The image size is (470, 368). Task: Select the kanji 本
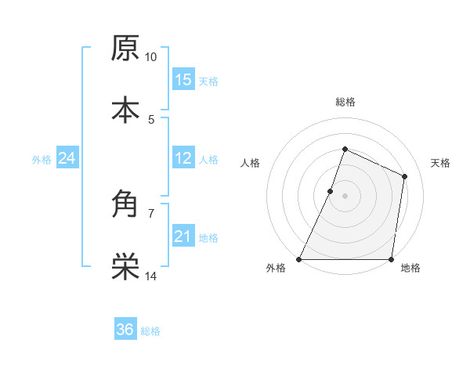click(x=125, y=110)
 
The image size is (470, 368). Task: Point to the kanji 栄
click(x=125, y=267)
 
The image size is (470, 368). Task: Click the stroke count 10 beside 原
click(x=150, y=57)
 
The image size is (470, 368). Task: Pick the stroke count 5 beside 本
click(x=151, y=119)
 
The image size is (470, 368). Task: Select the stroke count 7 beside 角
click(x=151, y=213)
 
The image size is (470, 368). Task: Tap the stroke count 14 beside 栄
click(x=151, y=276)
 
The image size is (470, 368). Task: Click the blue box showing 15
click(x=183, y=79)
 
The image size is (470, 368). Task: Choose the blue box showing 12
click(x=183, y=158)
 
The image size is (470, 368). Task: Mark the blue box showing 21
click(x=183, y=236)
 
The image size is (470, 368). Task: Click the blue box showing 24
click(x=67, y=158)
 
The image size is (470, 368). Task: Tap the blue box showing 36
click(x=125, y=330)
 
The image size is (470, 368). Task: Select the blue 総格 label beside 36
click(x=150, y=331)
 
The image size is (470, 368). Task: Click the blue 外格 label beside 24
click(x=42, y=160)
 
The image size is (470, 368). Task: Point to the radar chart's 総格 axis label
click(x=345, y=102)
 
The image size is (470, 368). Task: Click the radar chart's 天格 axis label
click(x=440, y=163)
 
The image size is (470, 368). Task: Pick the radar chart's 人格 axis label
click(x=251, y=163)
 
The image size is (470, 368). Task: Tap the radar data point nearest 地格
click(x=391, y=259)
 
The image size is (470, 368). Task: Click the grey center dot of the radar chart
click(x=345, y=196)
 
